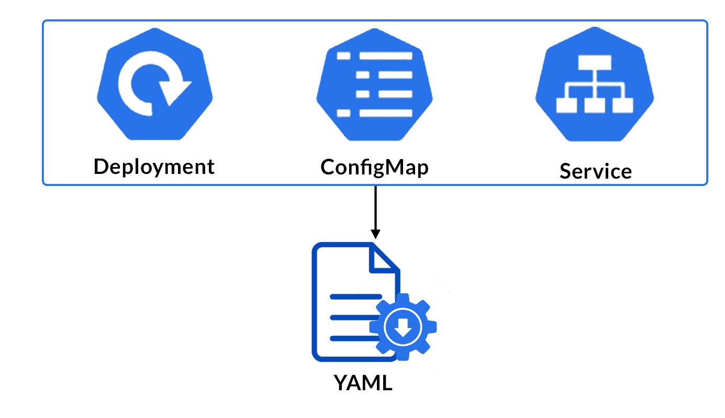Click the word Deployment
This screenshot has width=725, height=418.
[154, 167]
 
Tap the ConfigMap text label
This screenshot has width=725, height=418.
[374, 167]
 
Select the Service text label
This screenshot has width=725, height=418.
[595, 171]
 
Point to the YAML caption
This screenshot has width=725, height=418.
[363, 383]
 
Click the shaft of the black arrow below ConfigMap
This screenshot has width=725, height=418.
[375, 207]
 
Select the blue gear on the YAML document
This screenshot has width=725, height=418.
[403, 327]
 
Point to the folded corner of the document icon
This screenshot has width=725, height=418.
[385, 259]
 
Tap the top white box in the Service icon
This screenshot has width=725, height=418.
[595, 63]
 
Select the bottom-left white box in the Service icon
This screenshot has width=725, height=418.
[565, 105]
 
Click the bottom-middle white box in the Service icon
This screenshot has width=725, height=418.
[595, 105]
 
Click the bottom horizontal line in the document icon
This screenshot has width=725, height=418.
[351, 339]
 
